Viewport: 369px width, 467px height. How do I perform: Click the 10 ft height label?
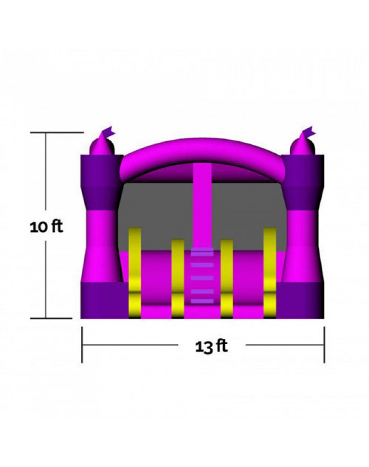(46, 226)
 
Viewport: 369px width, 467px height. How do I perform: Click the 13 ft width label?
(211, 347)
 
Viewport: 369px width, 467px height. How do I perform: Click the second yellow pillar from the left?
(178, 278)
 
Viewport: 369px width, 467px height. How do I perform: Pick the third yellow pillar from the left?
(227, 278)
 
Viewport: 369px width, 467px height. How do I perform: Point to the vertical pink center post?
(202, 205)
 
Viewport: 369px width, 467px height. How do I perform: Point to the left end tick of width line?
(82, 345)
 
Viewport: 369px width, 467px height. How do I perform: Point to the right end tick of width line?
(324, 345)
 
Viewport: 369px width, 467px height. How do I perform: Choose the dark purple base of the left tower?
(102, 301)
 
